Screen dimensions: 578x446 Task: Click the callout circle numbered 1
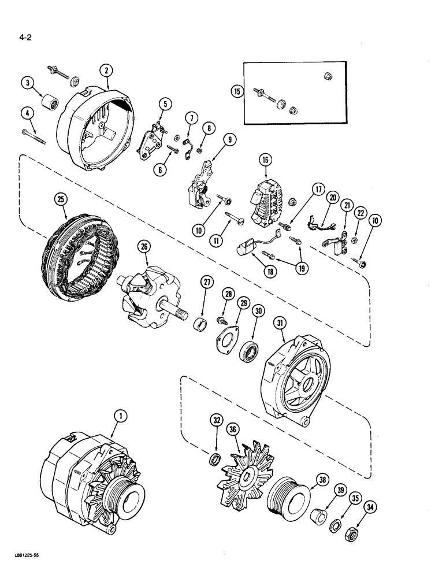tap(120, 415)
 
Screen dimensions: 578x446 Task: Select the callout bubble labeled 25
tap(61, 199)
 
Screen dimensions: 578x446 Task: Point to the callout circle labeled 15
tap(236, 91)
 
